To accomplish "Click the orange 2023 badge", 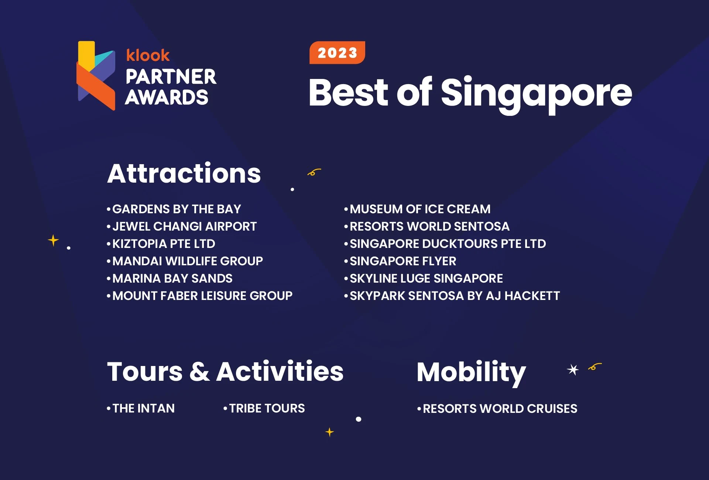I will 337,53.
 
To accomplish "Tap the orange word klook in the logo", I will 148,55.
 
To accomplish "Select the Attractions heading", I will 184,173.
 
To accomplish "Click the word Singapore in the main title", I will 536,93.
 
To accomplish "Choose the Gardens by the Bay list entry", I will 176,209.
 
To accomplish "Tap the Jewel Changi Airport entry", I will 184,227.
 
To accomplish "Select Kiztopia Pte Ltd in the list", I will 163,244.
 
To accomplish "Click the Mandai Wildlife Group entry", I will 187,261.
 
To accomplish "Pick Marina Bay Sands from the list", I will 172,279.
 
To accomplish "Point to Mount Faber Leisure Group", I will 202,296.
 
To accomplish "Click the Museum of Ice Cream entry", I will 420,209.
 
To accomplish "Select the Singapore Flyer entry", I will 403,261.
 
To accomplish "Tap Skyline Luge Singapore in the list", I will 426,279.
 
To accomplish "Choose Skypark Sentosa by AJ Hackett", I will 454,296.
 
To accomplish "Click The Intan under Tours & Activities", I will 143,408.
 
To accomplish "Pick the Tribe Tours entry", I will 267,408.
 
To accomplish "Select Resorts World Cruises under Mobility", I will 500,409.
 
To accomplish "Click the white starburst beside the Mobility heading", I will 573,369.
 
